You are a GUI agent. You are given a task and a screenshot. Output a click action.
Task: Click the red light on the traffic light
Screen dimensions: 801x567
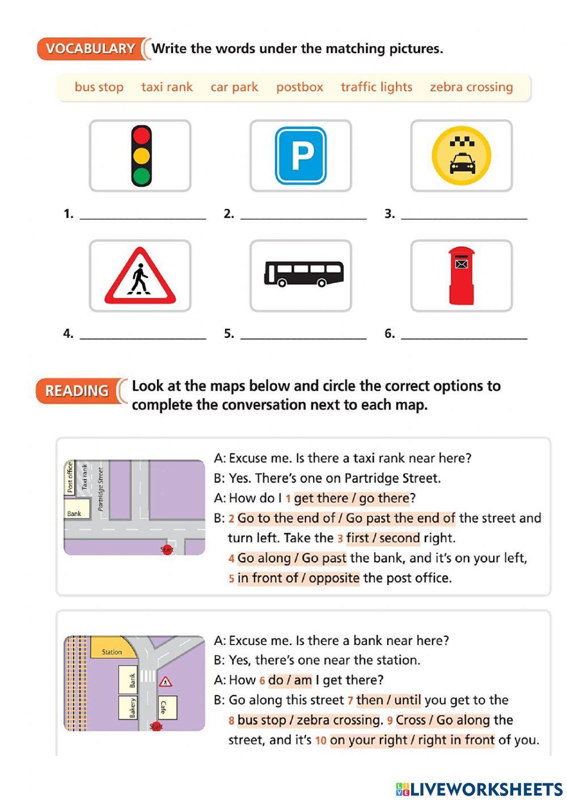(x=141, y=136)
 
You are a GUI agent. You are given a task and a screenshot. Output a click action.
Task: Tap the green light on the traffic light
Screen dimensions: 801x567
(x=141, y=176)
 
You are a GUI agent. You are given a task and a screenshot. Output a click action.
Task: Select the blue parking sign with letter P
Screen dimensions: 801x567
(x=301, y=156)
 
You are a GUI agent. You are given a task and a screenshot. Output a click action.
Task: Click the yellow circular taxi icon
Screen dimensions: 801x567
(x=461, y=156)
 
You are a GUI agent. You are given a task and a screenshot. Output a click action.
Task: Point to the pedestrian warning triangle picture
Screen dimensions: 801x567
(x=140, y=276)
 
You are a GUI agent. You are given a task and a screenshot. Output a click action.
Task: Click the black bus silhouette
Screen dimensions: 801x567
(x=303, y=274)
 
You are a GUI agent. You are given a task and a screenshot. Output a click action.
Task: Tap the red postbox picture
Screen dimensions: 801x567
(x=461, y=276)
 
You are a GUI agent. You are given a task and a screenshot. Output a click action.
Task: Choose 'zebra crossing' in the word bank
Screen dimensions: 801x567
(x=471, y=87)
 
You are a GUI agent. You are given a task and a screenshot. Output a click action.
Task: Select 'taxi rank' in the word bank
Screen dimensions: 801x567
(x=167, y=87)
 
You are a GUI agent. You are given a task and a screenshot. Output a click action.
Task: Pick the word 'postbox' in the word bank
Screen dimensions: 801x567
(x=299, y=87)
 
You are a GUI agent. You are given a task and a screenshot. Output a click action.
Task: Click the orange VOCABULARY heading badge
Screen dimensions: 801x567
(x=90, y=49)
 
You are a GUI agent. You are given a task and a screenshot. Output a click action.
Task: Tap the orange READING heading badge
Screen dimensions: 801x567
(x=77, y=391)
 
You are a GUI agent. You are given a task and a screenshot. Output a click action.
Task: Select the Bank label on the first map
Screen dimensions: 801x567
(x=74, y=514)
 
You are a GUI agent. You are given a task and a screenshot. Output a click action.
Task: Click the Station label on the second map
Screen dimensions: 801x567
(x=112, y=652)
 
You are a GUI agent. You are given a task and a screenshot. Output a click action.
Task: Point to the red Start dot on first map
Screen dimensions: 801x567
(x=167, y=549)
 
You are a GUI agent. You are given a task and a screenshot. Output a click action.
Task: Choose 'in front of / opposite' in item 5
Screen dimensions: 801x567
(x=298, y=578)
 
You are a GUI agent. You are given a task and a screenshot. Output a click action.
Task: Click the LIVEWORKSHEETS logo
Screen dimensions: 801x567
(x=479, y=789)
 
